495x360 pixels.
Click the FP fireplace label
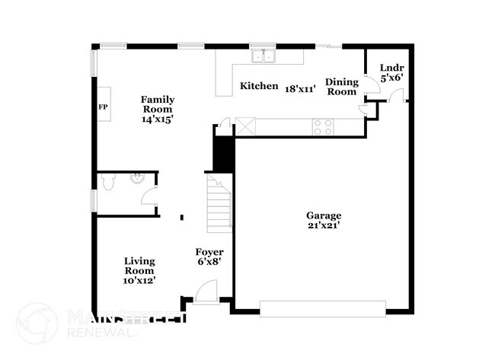(103, 107)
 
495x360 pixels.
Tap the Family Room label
(158, 104)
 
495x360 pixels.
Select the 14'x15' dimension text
(158, 119)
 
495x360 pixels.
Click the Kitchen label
(259, 86)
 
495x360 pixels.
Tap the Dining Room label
(340, 86)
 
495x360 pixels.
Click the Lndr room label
(391, 67)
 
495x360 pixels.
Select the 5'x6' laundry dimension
(391, 76)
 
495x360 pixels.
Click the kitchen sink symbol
(264, 55)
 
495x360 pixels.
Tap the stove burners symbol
(323, 127)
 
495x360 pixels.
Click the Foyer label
(209, 252)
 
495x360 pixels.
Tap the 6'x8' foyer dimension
(209, 263)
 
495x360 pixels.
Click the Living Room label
(139, 266)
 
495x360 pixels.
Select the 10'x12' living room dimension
(139, 281)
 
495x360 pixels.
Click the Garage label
(324, 215)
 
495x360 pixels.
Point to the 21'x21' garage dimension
(324, 225)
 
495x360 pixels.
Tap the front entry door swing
(206, 292)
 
